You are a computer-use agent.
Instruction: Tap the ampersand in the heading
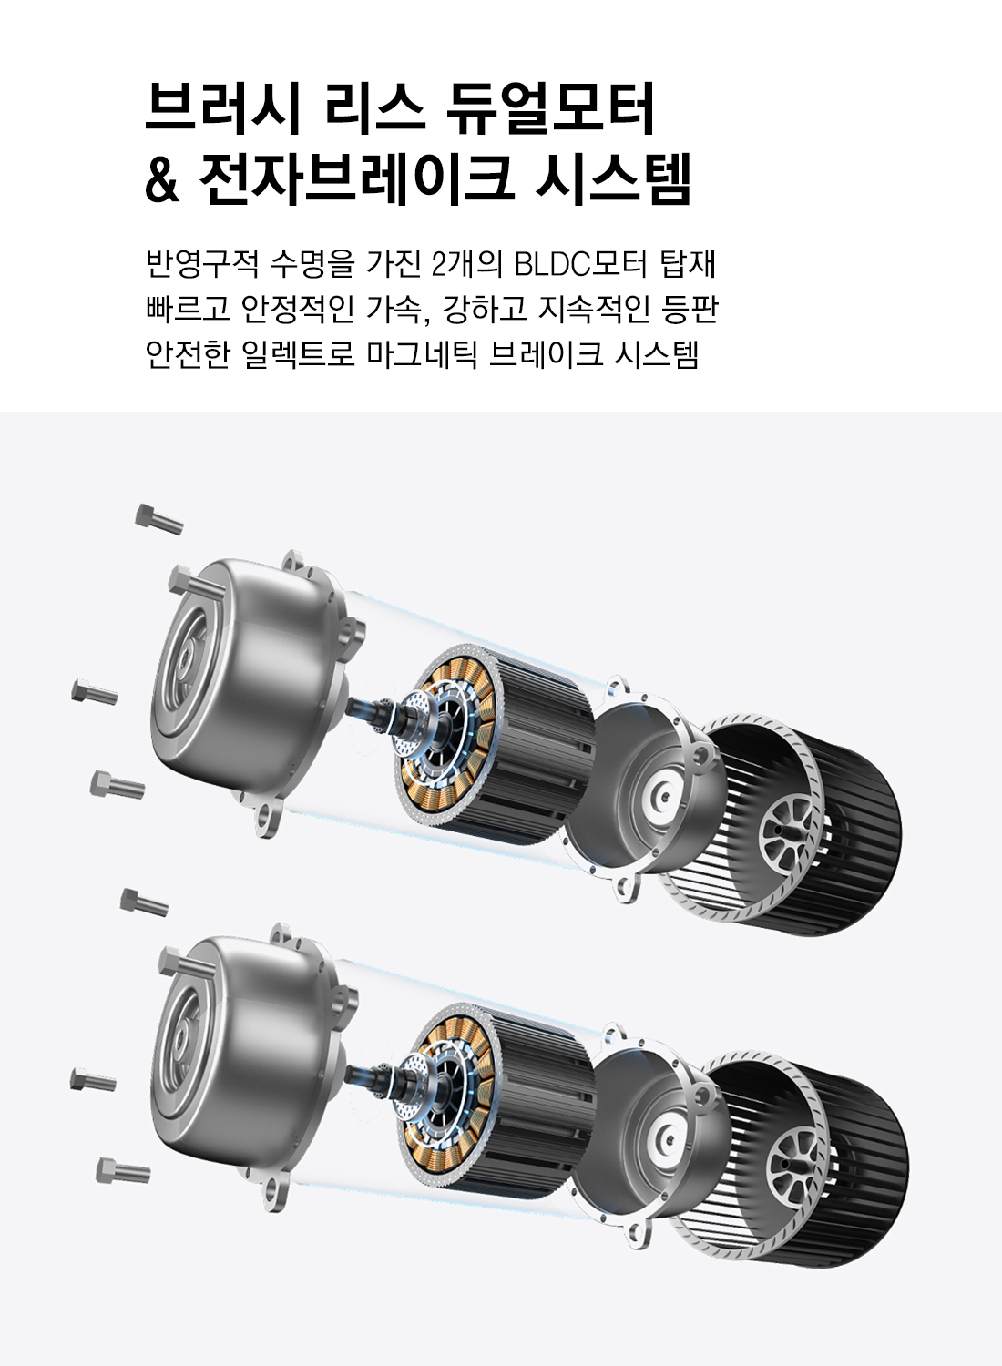coord(162,180)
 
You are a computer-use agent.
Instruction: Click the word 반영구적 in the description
coord(202,264)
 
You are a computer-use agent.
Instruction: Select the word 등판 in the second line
coord(690,309)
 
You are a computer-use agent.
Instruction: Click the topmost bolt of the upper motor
coord(158,519)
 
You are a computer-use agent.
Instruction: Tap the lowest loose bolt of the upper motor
coord(117,784)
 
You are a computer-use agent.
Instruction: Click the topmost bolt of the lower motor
coord(144,902)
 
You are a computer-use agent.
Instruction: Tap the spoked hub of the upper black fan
coord(789,829)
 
